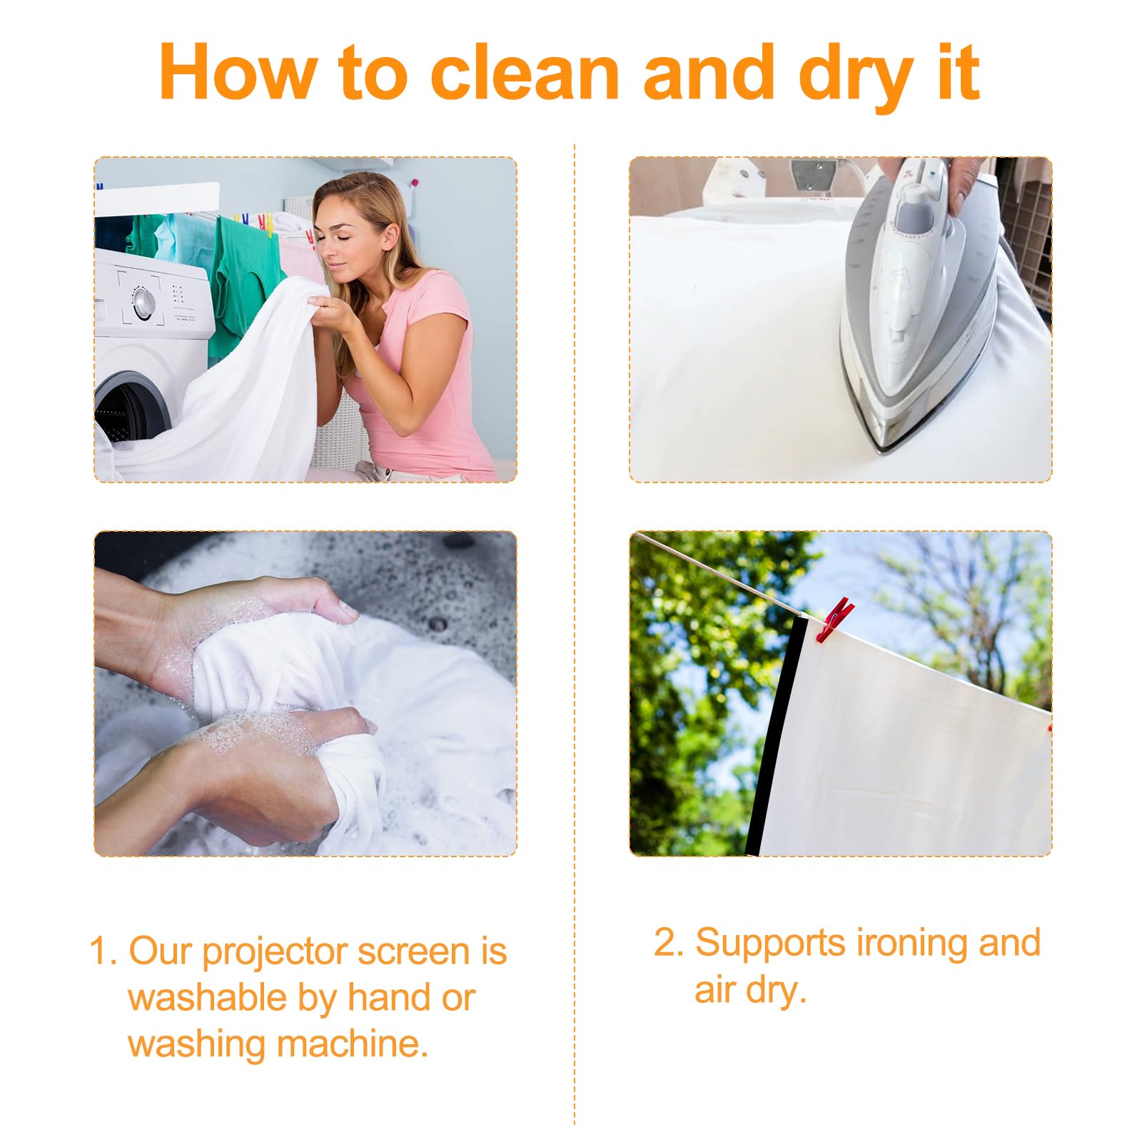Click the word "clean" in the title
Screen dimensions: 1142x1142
(524, 72)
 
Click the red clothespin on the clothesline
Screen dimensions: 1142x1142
(834, 619)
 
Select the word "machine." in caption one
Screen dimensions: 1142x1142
(353, 1044)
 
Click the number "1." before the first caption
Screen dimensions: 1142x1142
(103, 952)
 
